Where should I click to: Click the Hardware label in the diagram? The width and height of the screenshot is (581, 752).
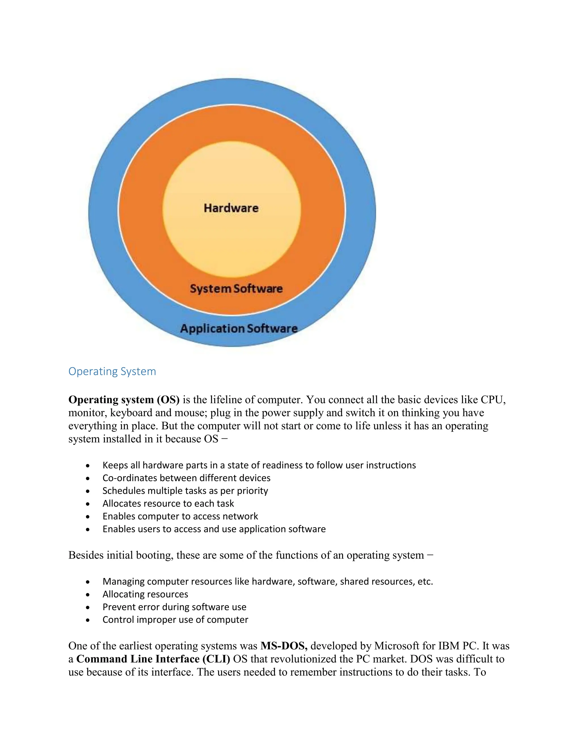click(x=231, y=208)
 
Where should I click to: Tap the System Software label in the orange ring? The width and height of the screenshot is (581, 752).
click(x=236, y=289)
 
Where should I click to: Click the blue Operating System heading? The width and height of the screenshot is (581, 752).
click(x=112, y=371)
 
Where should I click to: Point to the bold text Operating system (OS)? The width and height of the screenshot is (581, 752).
click(x=124, y=400)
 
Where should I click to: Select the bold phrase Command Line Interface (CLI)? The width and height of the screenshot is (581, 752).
click(x=153, y=659)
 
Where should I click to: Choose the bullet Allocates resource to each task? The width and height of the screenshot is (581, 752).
click(x=168, y=503)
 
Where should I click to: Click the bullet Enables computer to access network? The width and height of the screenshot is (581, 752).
click(x=180, y=516)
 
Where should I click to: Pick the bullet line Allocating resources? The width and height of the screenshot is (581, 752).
click(x=145, y=594)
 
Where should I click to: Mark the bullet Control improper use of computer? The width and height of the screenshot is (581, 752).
click(x=175, y=620)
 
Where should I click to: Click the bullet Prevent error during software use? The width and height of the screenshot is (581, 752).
click(x=174, y=607)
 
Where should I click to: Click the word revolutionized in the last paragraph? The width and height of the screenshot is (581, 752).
click(x=300, y=659)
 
